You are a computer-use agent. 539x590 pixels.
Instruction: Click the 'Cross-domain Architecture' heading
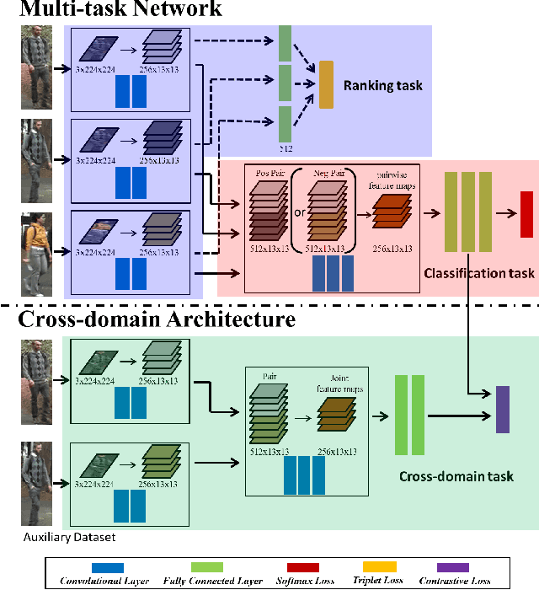(157, 319)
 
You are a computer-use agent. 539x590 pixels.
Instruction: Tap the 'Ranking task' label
(382, 86)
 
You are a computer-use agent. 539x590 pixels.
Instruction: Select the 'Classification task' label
(478, 273)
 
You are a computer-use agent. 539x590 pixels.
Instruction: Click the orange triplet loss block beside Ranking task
(326, 86)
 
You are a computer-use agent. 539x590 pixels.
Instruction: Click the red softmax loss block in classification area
(526, 214)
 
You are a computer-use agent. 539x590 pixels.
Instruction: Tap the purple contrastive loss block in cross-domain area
(502, 410)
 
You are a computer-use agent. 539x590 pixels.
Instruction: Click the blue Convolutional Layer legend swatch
(101, 569)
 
